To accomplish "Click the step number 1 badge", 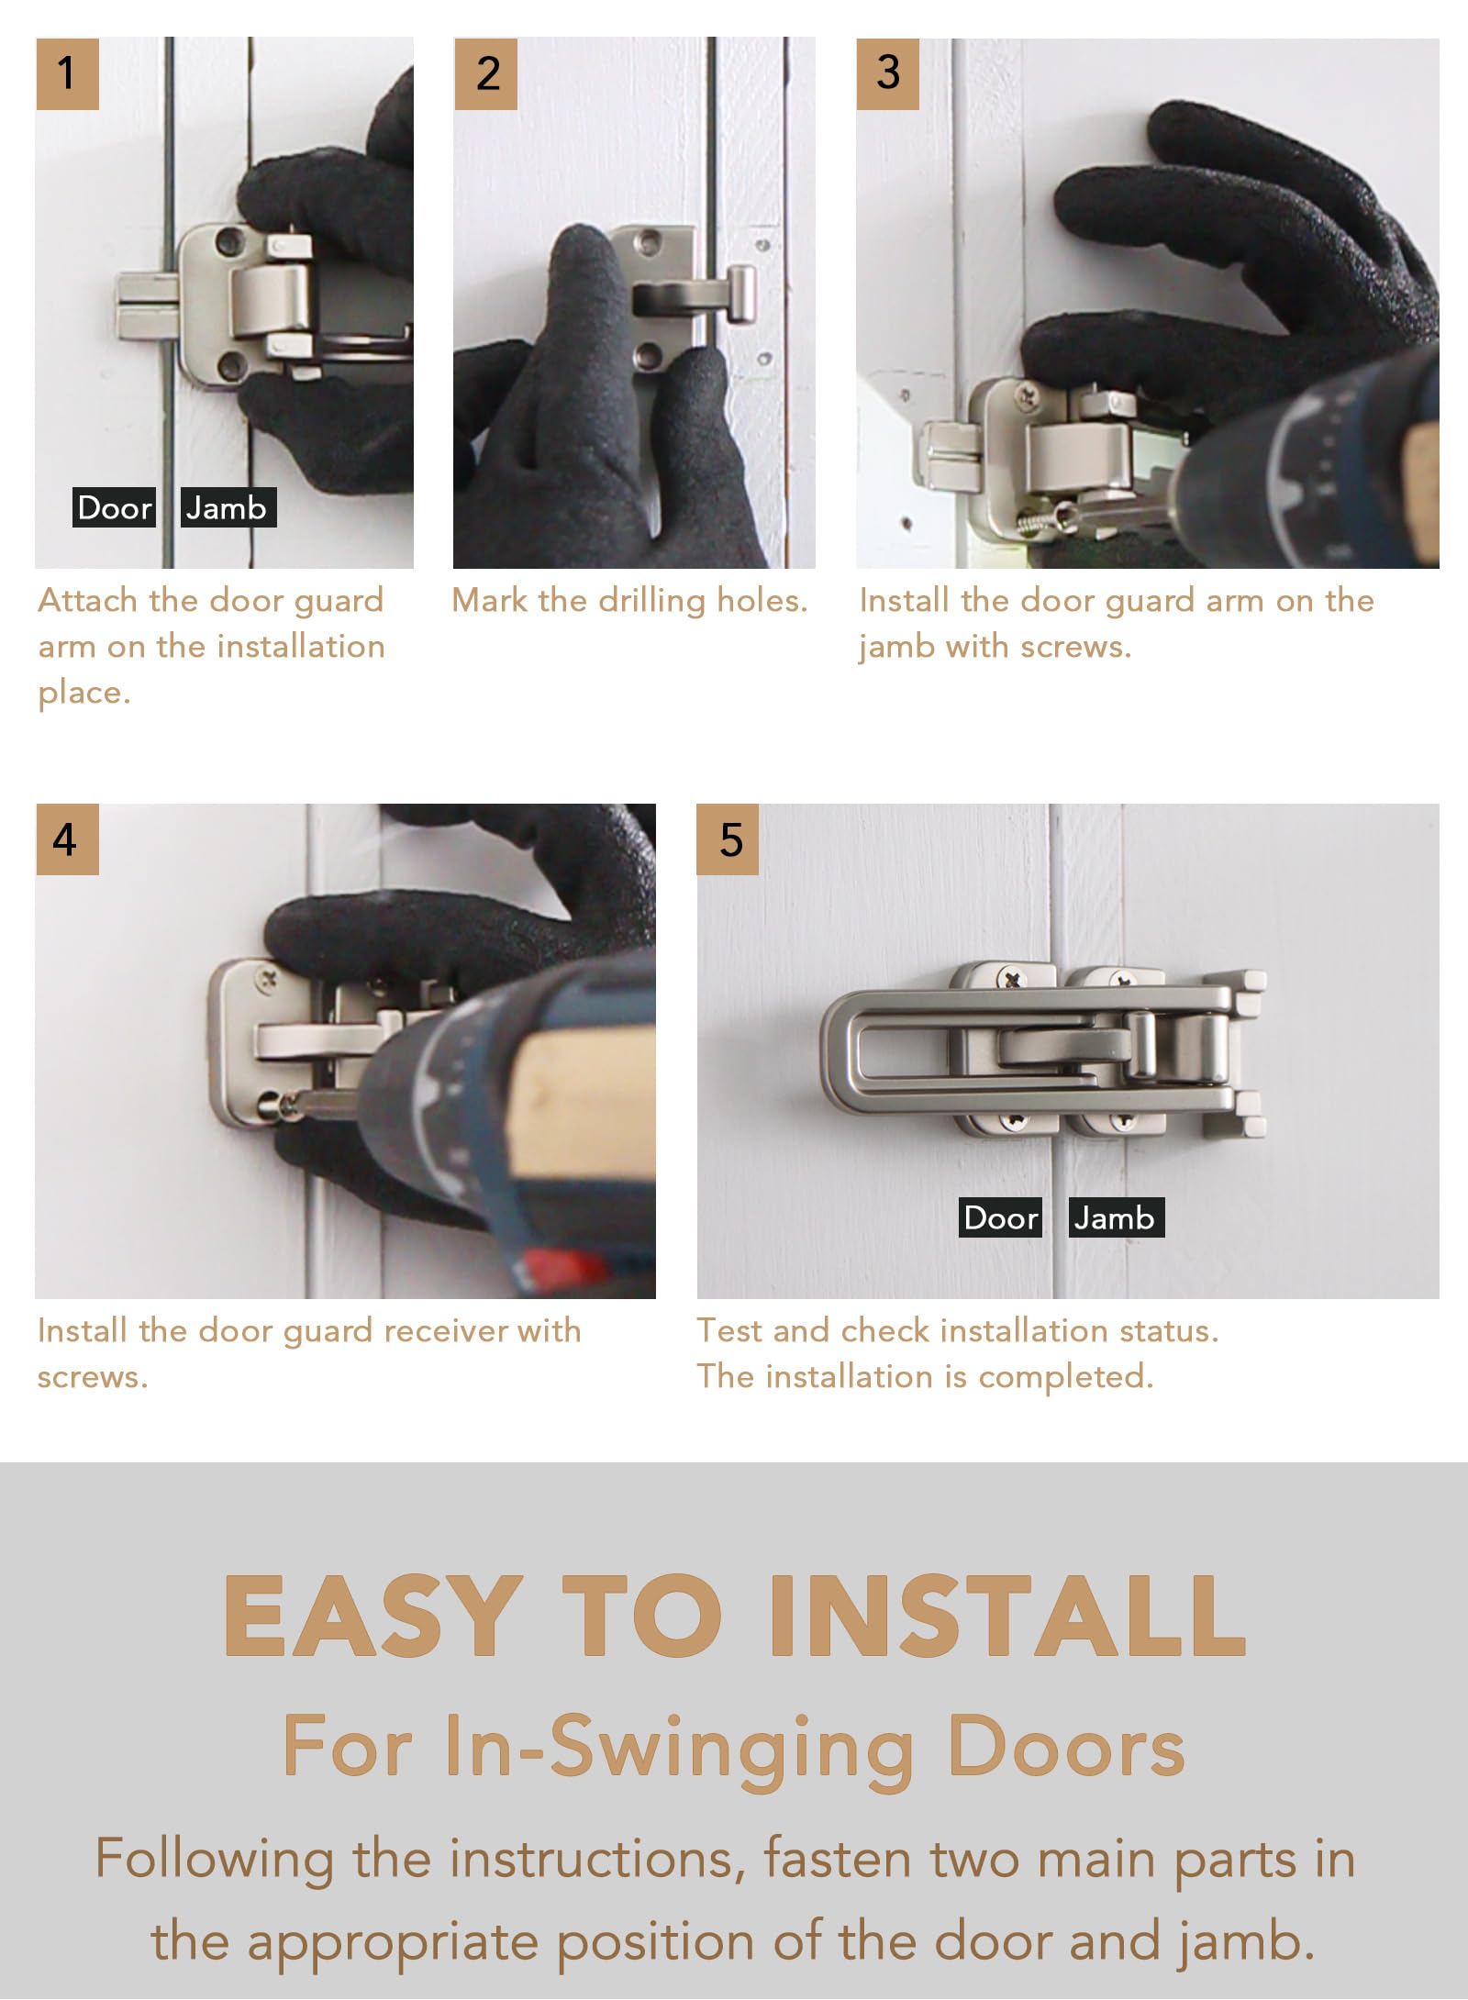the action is (67, 73).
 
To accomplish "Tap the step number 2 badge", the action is (486, 73).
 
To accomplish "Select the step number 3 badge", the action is (887, 73).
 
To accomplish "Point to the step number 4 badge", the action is (67, 839).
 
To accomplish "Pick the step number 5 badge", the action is (728, 839).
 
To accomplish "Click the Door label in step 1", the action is (115, 507).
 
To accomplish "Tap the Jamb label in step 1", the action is (228, 507).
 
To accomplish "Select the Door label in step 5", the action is (1000, 1217).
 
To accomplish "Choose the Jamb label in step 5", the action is (1116, 1217).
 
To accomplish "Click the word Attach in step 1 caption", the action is (88, 600).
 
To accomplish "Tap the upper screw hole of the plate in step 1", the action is (226, 242).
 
